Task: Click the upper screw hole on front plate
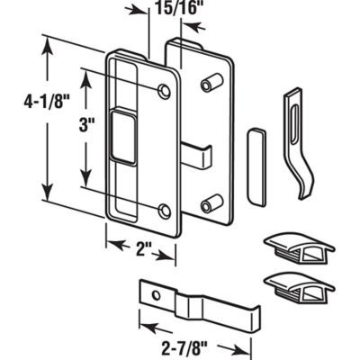click(163, 91)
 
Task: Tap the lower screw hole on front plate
click(163, 211)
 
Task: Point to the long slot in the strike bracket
click(297, 115)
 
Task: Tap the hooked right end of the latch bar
click(252, 317)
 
